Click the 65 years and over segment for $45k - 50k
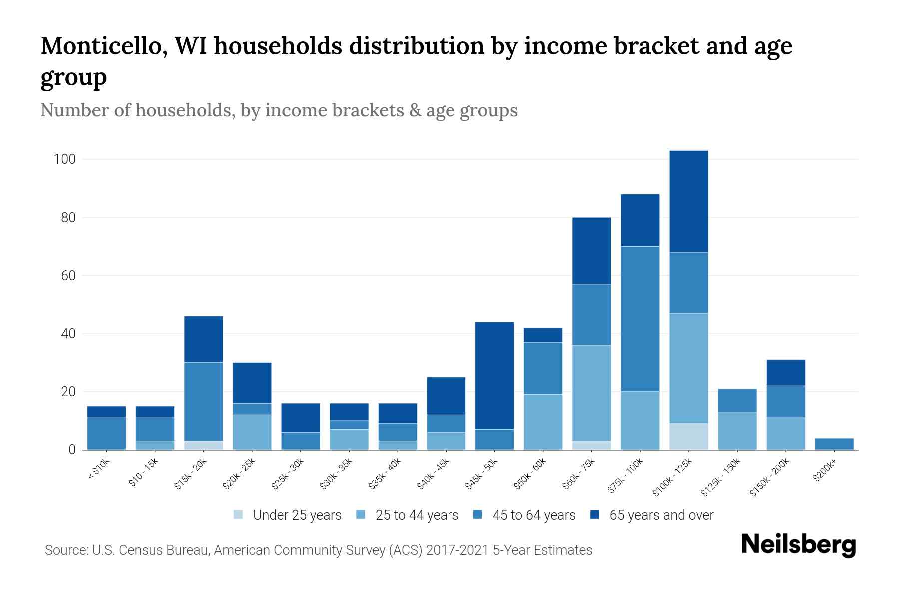click(494, 375)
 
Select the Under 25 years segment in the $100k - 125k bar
click(688, 436)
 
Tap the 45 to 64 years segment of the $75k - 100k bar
click(640, 319)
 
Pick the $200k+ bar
click(834, 444)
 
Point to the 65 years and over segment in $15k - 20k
click(203, 339)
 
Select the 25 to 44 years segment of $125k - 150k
click(737, 431)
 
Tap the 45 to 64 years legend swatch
click(478, 515)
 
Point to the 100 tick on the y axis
click(64, 160)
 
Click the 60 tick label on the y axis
click(68, 276)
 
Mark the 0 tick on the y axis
click(72, 450)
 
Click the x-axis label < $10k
click(99, 470)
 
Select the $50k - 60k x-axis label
click(530, 474)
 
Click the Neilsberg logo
click(798, 545)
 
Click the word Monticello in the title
click(100, 46)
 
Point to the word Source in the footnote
click(65, 550)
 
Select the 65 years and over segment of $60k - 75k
click(591, 251)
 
